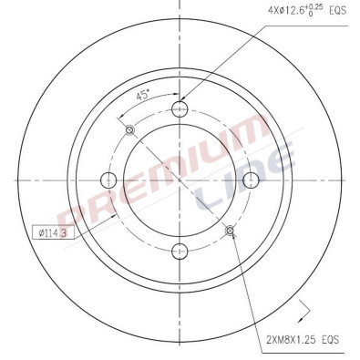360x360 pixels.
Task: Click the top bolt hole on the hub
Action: [180, 110]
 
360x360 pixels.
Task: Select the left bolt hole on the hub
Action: [109, 180]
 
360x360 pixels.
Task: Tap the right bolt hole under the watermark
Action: [249, 180]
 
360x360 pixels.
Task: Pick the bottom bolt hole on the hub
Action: [180, 250]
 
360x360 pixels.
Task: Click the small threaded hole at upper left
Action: [129, 129]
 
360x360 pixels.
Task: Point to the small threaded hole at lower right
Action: [229, 230]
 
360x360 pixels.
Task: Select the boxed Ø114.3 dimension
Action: [53, 231]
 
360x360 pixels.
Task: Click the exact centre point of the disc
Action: [180, 180]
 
